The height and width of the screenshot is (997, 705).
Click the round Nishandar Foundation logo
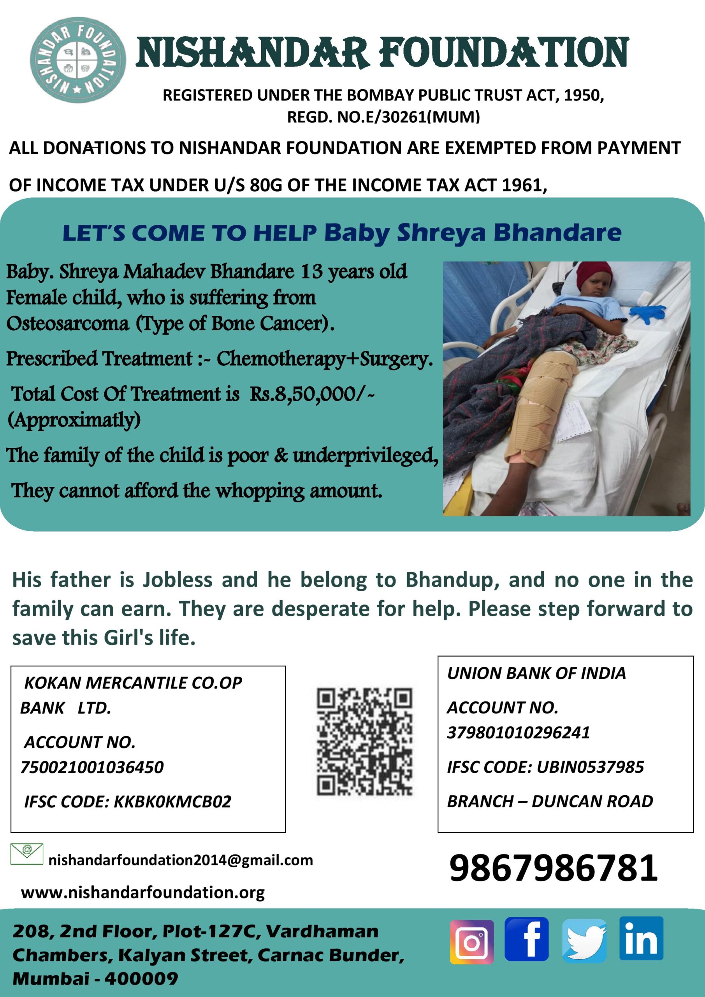click(x=78, y=60)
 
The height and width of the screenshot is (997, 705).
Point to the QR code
click(x=364, y=742)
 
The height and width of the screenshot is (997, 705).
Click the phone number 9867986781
click(x=554, y=868)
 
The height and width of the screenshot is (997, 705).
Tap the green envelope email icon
click(x=26, y=854)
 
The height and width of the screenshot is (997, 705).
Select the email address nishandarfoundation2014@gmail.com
click(x=181, y=860)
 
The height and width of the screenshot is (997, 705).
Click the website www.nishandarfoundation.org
click(x=143, y=893)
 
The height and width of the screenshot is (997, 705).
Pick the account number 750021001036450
click(x=92, y=767)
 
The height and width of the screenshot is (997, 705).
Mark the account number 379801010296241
click(x=518, y=733)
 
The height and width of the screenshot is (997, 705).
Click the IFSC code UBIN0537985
click(x=590, y=767)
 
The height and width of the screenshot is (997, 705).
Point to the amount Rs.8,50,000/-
click(x=312, y=394)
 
